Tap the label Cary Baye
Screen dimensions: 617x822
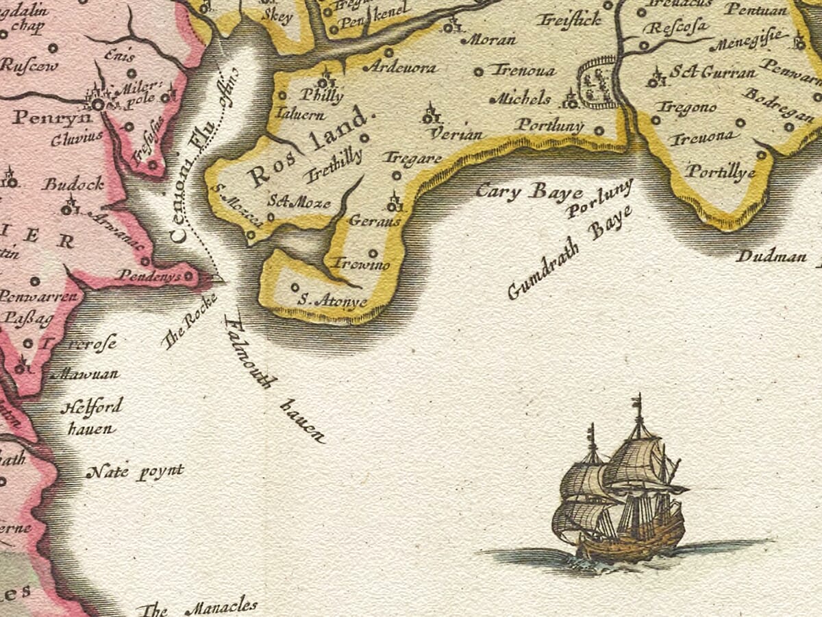tap(529, 191)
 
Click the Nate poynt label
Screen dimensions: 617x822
tap(135, 472)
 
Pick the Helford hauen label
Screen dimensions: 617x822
tap(90, 418)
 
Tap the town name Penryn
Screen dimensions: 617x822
tap(42, 117)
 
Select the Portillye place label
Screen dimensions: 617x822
tap(721, 172)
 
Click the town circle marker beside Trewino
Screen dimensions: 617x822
tap(373, 252)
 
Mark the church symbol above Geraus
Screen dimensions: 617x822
tap(394, 203)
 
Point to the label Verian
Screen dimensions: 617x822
tap(458, 134)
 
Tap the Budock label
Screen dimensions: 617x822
tap(73, 184)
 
